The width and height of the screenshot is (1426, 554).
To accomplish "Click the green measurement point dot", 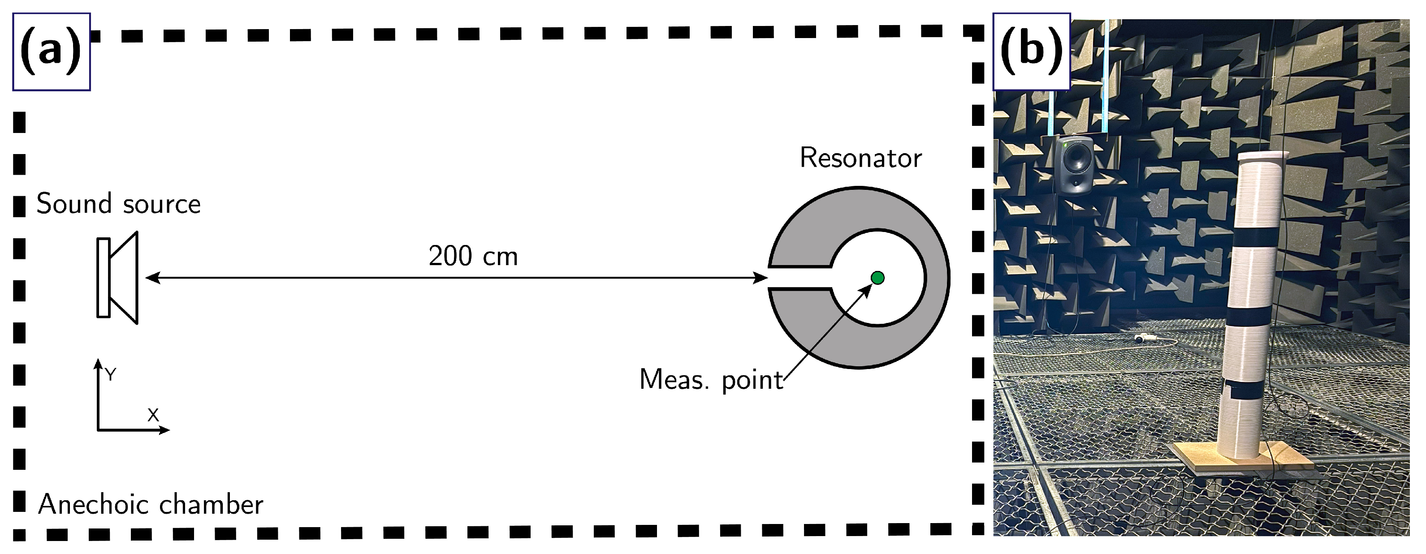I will pos(877,278).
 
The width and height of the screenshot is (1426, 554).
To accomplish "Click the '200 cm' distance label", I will pos(473,256).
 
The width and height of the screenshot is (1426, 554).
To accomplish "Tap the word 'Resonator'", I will pos(860,158).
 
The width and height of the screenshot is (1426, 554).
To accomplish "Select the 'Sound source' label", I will pos(118,204).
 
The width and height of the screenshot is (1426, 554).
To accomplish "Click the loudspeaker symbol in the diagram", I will pos(118,278).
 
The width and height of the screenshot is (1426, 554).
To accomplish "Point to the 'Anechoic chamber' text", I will pos(151,505).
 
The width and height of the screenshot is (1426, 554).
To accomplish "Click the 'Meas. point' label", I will pos(711,380).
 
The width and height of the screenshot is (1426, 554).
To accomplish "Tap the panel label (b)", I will pos(1031,52).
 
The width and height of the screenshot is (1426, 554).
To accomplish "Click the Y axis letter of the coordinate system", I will pos(111,375).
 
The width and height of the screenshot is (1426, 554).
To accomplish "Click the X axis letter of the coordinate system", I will pos(153,415).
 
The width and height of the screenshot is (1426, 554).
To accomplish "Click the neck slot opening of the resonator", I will pos(800,278).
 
